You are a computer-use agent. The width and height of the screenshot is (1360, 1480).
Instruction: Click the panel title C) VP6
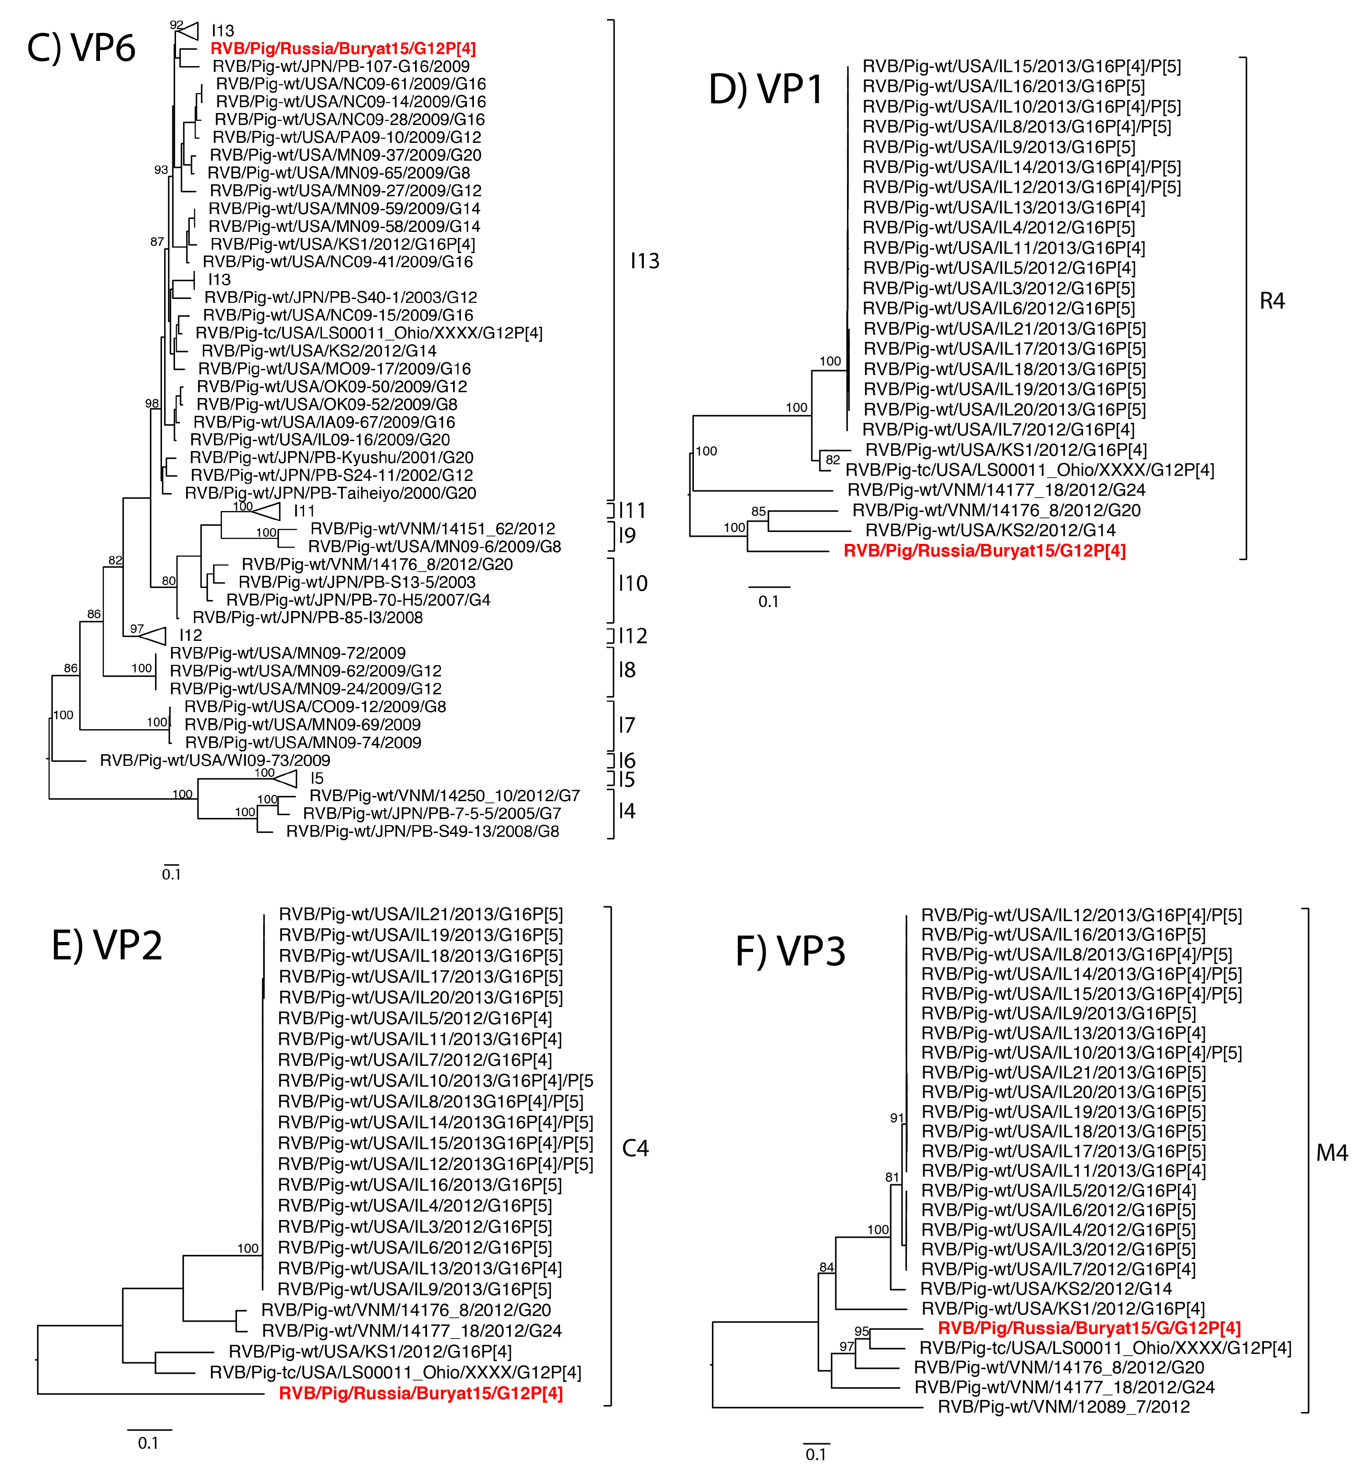(x=81, y=49)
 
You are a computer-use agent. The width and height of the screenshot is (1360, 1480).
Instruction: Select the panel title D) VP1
(x=765, y=90)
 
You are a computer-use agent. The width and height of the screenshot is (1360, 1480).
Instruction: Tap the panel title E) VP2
(x=107, y=945)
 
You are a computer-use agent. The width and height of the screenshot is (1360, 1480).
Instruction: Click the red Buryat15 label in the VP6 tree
(x=343, y=49)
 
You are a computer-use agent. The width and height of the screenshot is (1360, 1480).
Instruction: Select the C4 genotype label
(x=635, y=1148)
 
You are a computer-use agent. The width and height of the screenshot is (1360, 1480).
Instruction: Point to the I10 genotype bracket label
(x=633, y=584)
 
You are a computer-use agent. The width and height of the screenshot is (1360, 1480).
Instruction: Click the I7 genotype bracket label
(x=626, y=725)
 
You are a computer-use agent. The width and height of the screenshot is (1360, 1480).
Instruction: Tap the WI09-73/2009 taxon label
(x=215, y=760)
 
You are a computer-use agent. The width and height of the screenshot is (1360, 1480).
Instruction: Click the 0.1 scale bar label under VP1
(x=768, y=601)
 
